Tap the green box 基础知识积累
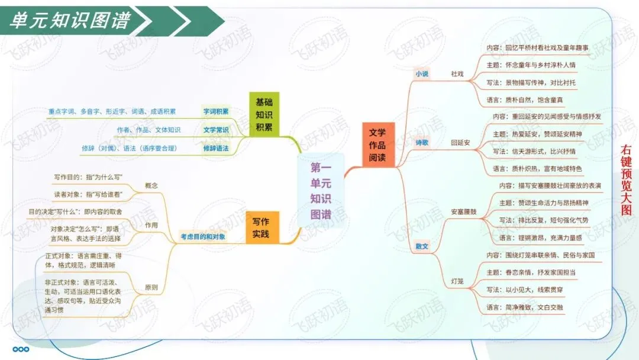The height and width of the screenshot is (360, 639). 264,114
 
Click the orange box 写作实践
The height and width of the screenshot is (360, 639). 260,228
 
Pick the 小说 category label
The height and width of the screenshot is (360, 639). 422,74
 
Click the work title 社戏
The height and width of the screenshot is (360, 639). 457,74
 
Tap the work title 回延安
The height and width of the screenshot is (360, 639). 460,143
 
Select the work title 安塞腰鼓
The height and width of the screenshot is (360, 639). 463,211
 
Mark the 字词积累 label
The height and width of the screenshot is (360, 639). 216,111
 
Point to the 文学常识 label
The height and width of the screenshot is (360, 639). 216,130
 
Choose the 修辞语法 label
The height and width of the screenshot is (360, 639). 216,148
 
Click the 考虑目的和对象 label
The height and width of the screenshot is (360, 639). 203,238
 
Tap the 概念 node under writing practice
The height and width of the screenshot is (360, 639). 151,186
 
